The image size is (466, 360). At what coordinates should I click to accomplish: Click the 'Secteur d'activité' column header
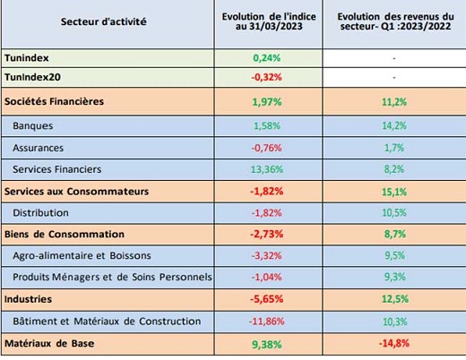click(104, 21)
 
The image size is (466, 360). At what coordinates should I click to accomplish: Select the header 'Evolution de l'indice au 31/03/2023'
click(269, 21)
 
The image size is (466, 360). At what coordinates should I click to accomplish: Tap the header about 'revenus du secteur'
click(395, 21)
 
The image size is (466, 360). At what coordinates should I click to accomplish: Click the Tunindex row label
click(27, 58)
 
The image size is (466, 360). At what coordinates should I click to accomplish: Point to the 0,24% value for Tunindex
click(267, 58)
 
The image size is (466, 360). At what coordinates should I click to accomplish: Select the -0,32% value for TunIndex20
click(266, 77)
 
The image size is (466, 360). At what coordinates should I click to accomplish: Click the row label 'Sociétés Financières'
click(54, 101)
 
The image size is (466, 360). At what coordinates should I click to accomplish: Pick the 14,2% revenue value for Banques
click(394, 125)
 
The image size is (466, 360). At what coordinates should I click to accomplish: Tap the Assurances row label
click(38, 148)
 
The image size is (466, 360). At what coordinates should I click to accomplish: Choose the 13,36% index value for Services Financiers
click(267, 169)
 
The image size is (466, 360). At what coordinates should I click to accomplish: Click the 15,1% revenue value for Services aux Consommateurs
click(394, 192)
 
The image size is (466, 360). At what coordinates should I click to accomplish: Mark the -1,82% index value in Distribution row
click(266, 213)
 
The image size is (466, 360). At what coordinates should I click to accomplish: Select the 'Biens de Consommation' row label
click(65, 235)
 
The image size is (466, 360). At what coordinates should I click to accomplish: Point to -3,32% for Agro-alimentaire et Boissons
click(266, 256)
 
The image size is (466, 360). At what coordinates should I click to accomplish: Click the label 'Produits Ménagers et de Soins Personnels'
click(112, 277)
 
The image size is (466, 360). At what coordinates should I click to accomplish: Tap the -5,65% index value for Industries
click(266, 299)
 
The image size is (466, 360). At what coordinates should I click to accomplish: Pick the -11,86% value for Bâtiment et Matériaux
click(266, 321)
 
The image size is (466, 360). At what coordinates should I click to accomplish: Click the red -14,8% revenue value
click(394, 344)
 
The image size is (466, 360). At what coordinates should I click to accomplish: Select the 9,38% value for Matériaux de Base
click(267, 345)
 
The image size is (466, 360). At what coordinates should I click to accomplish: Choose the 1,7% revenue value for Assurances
click(394, 148)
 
